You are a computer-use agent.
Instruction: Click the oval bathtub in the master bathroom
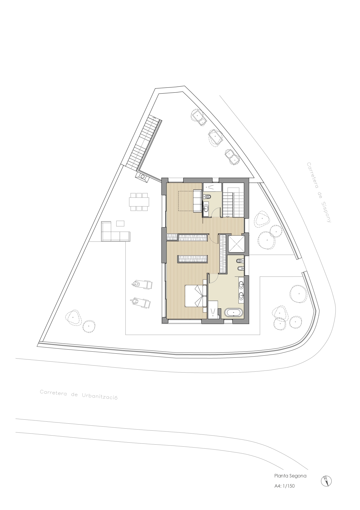click(x=233, y=313)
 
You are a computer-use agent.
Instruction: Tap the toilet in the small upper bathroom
click(x=208, y=196)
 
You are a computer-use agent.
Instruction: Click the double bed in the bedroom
click(x=196, y=296)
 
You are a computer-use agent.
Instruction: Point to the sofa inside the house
click(x=197, y=201)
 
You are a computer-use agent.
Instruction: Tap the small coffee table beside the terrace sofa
click(x=120, y=223)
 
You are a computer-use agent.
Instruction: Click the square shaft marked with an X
click(x=237, y=244)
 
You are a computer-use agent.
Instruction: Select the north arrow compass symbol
click(x=326, y=481)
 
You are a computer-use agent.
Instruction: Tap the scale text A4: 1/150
click(x=285, y=486)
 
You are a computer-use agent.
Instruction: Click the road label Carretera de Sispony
click(x=319, y=192)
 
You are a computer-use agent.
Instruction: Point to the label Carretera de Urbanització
click(x=78, y=395)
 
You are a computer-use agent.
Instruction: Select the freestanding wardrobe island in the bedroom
click(x=193, y=259)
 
